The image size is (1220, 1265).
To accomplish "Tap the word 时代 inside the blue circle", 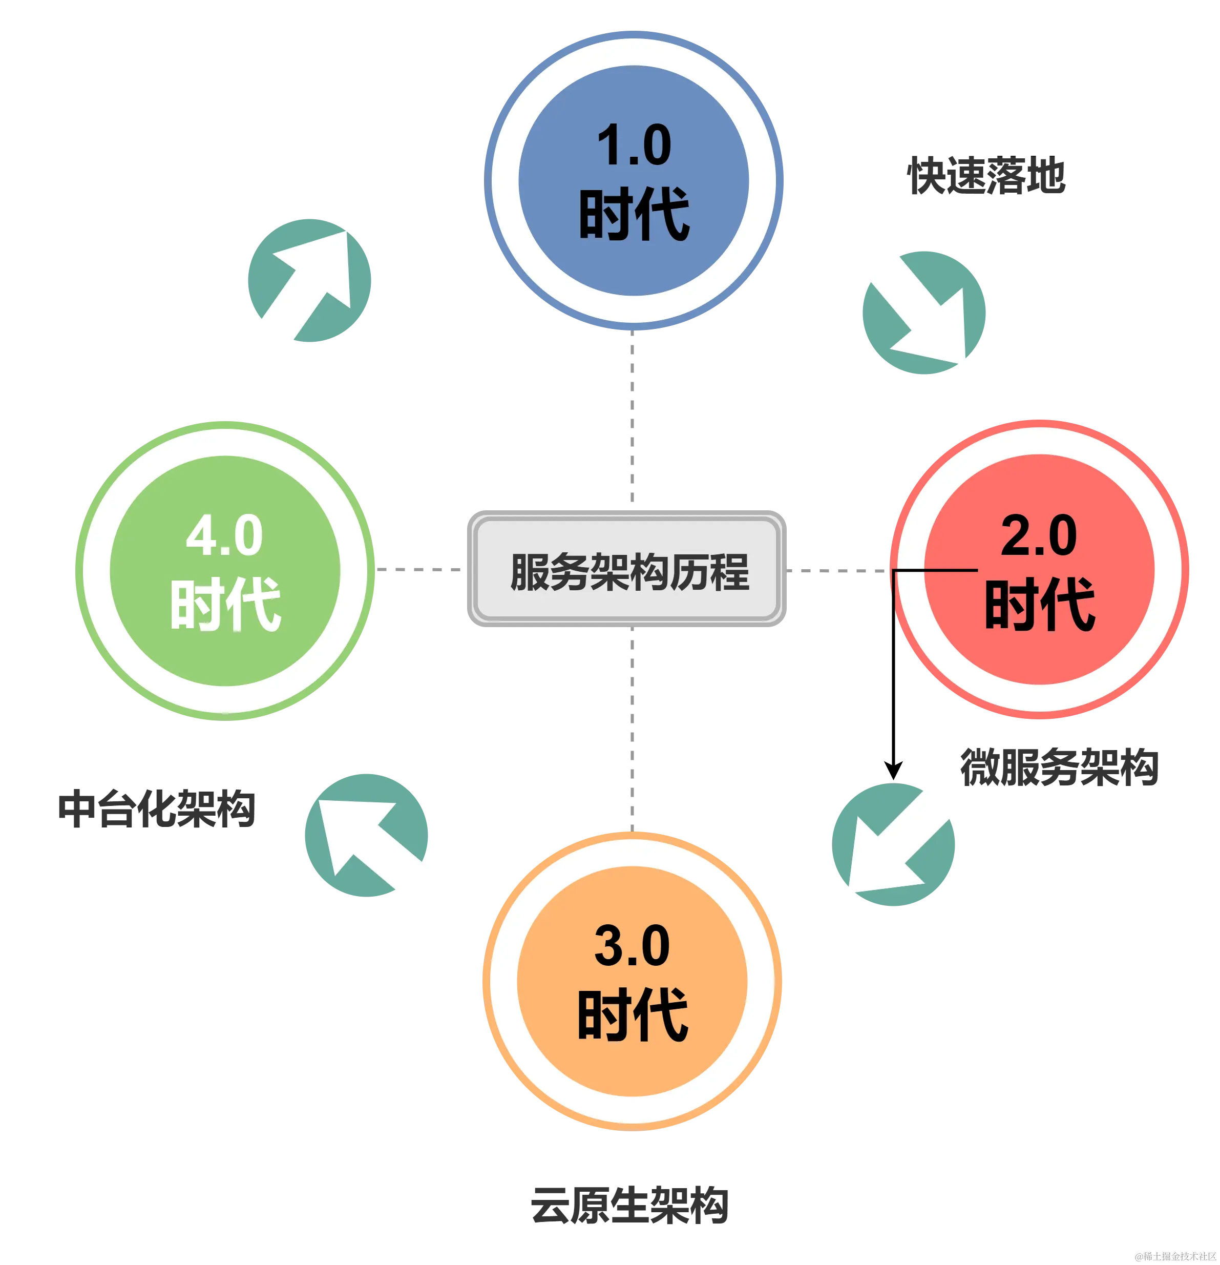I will pos(635,215).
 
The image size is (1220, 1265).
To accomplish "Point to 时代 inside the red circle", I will pos(1039,605).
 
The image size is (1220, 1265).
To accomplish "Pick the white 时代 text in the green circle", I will pos(225,605).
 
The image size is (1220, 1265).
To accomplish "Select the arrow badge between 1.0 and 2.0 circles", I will pos(924,313).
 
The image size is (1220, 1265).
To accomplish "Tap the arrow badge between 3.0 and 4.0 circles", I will pos(366,835).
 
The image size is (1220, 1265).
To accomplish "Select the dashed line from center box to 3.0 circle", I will pos(630,729).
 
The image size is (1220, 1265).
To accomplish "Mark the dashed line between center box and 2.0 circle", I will pos(836,569).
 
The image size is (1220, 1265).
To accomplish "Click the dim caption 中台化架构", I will pos(158,807).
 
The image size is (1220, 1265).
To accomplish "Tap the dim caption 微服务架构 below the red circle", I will pos(1059,767).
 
